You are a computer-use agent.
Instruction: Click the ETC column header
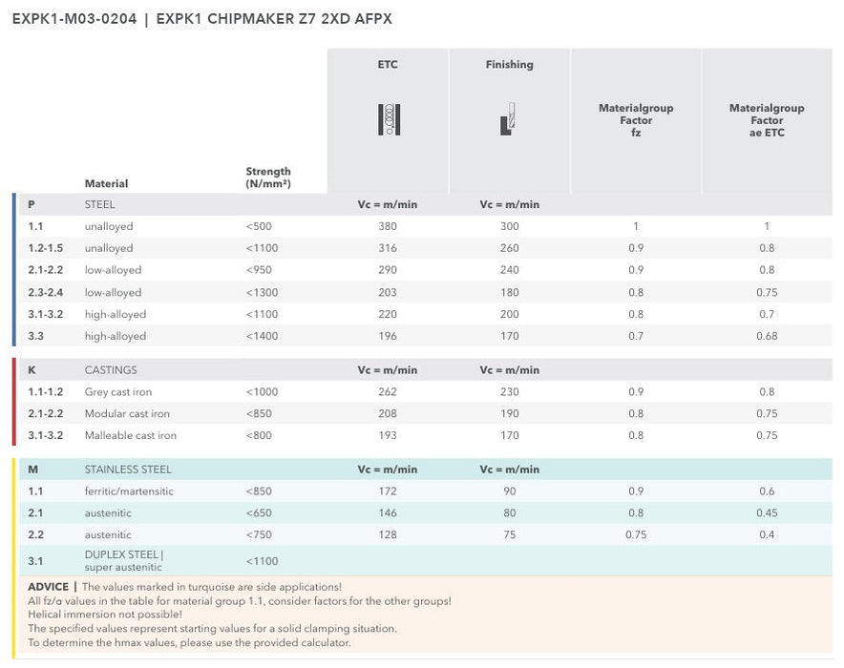(387, 65)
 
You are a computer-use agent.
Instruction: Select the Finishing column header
(509, 65)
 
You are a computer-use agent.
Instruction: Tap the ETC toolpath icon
(388, 119)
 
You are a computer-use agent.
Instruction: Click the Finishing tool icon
(508, 118)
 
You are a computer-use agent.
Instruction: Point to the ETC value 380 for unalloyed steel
(387, 226)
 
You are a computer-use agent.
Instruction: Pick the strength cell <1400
(263, 336)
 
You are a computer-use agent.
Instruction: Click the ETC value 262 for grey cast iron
(387, 392)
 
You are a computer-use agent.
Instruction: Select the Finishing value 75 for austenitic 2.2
(509, 534)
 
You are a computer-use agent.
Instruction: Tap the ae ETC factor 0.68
(766, 336)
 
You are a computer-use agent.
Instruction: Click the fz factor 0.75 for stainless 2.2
(636, 534)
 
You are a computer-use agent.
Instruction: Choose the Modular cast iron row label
(127, 414)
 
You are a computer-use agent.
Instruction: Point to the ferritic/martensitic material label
(129, 491)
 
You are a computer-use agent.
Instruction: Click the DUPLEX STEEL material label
(123, 554)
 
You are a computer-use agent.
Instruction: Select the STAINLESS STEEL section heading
(128, 470)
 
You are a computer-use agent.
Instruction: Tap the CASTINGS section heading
(111, 370)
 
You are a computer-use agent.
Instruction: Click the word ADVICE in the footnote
(48, 587)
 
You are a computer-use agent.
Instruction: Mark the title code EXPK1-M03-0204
(74, 19)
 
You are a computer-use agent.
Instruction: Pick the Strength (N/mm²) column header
(268, 177)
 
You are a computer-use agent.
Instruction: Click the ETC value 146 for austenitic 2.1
(387, 513)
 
